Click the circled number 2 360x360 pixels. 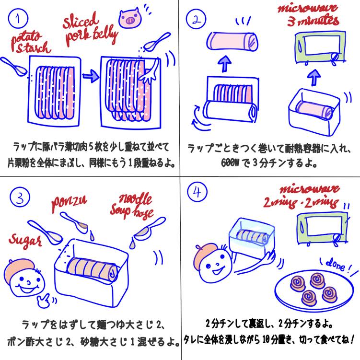click(197, 20)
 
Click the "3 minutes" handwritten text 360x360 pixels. click(314, 21)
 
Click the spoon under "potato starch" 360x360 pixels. click(14, 67)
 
